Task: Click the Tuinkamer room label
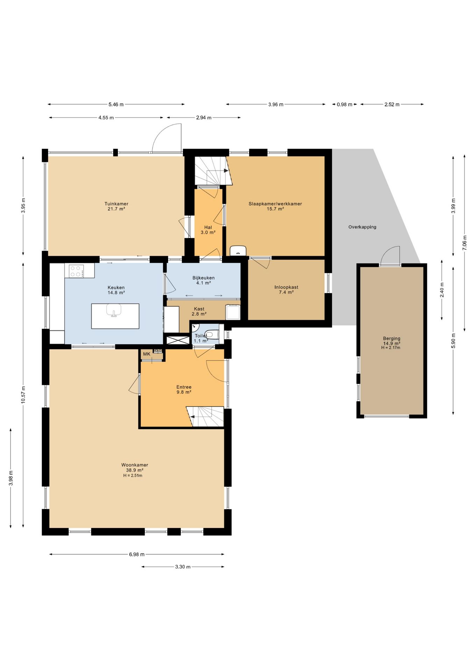click(x=116, y=204)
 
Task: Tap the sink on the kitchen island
click(x=114, y=310)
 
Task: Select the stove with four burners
click(x=77, y=271)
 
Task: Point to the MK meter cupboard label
click(x=147, y=354)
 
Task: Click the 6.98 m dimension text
click(x=137, y=554)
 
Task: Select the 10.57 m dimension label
click(x=23, y=395)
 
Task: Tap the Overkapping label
click(x=362, y=227)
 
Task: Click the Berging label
click(x=392, y=338)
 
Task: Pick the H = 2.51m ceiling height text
click(x=133, y=475)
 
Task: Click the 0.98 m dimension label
click(x=345, y=104)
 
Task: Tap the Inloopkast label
click(x=286, y=287)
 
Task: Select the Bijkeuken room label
click(x=204, y=278)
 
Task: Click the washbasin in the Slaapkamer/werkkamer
click(x=238, y=251)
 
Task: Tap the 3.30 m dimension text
click(x=183, y=567)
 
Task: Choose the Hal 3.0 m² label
click(x=208, y=230)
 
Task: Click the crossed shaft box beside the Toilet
click(x=178, y=340)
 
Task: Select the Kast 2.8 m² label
click(x=199, y=311)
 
